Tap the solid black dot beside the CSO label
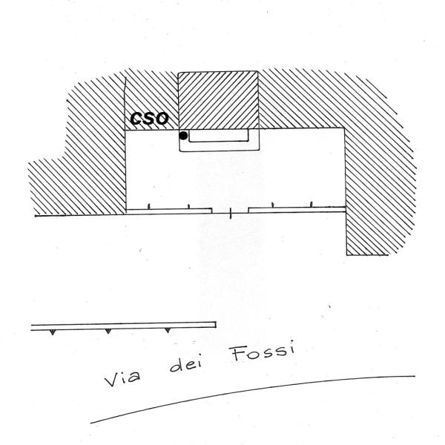click(x=183, y=135)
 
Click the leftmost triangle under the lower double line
click(x=52, y=332)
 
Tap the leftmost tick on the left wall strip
click(x=151, y=205)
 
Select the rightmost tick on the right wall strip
click(x=311, y=203)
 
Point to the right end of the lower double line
click(x=215, y=324)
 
